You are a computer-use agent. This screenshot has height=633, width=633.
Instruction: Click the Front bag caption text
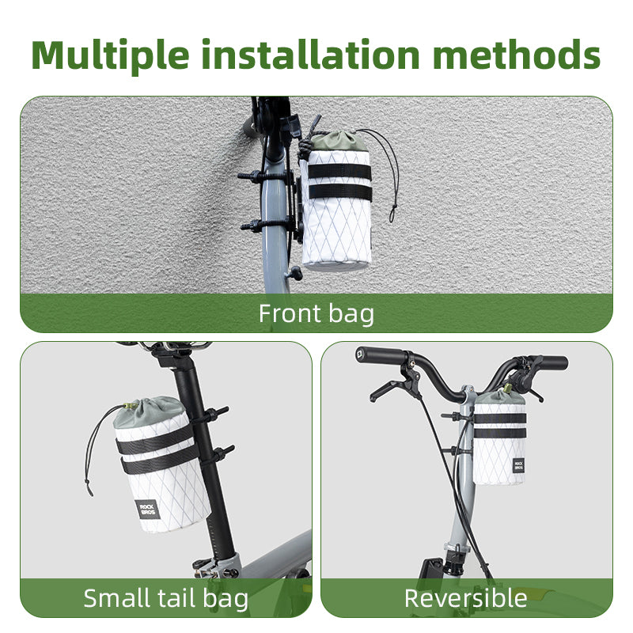click(316, 313)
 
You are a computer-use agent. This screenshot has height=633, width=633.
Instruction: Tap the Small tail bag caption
click(165, 597)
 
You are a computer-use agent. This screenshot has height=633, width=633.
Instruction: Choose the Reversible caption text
click(465, 597)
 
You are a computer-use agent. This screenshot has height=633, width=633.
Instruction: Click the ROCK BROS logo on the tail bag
click(148, 509)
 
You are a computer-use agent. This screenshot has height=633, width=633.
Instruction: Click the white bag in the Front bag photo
click(337, 229)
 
